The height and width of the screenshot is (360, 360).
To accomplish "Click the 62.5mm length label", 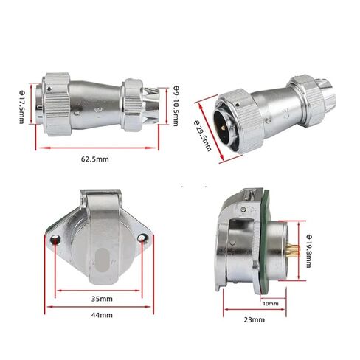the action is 95,159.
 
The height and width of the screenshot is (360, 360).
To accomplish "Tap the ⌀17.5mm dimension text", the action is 22,107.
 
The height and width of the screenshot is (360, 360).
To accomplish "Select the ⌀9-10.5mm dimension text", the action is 176,106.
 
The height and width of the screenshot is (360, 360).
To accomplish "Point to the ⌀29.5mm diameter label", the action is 202,136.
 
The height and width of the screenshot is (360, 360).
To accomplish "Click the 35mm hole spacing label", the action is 102,299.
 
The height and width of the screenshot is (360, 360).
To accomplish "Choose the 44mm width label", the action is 102,315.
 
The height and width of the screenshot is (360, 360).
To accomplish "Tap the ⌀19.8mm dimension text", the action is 309,251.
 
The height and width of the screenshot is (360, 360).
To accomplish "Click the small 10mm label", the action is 271,304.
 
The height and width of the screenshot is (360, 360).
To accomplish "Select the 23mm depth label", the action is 255,319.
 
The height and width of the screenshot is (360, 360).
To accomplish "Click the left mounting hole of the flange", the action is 55,238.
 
